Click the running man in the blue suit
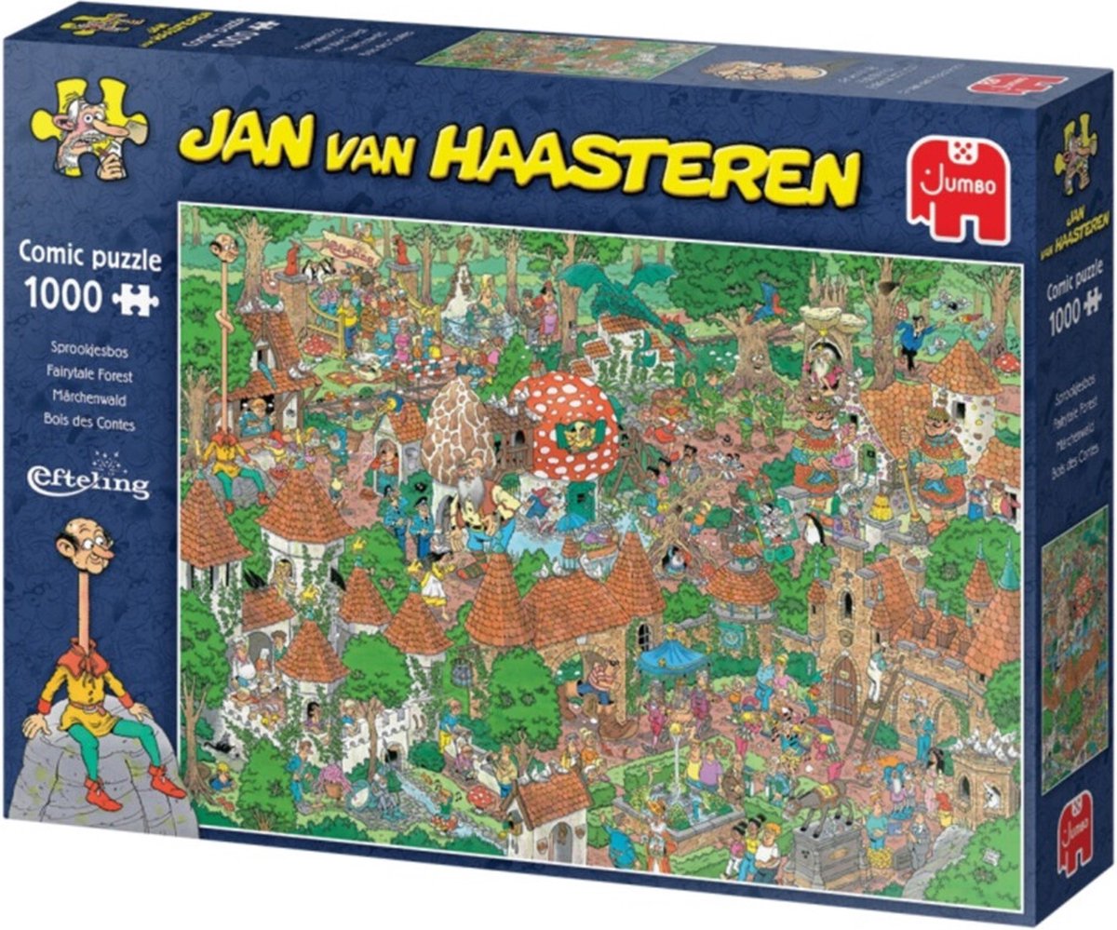[x=909, y=339]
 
